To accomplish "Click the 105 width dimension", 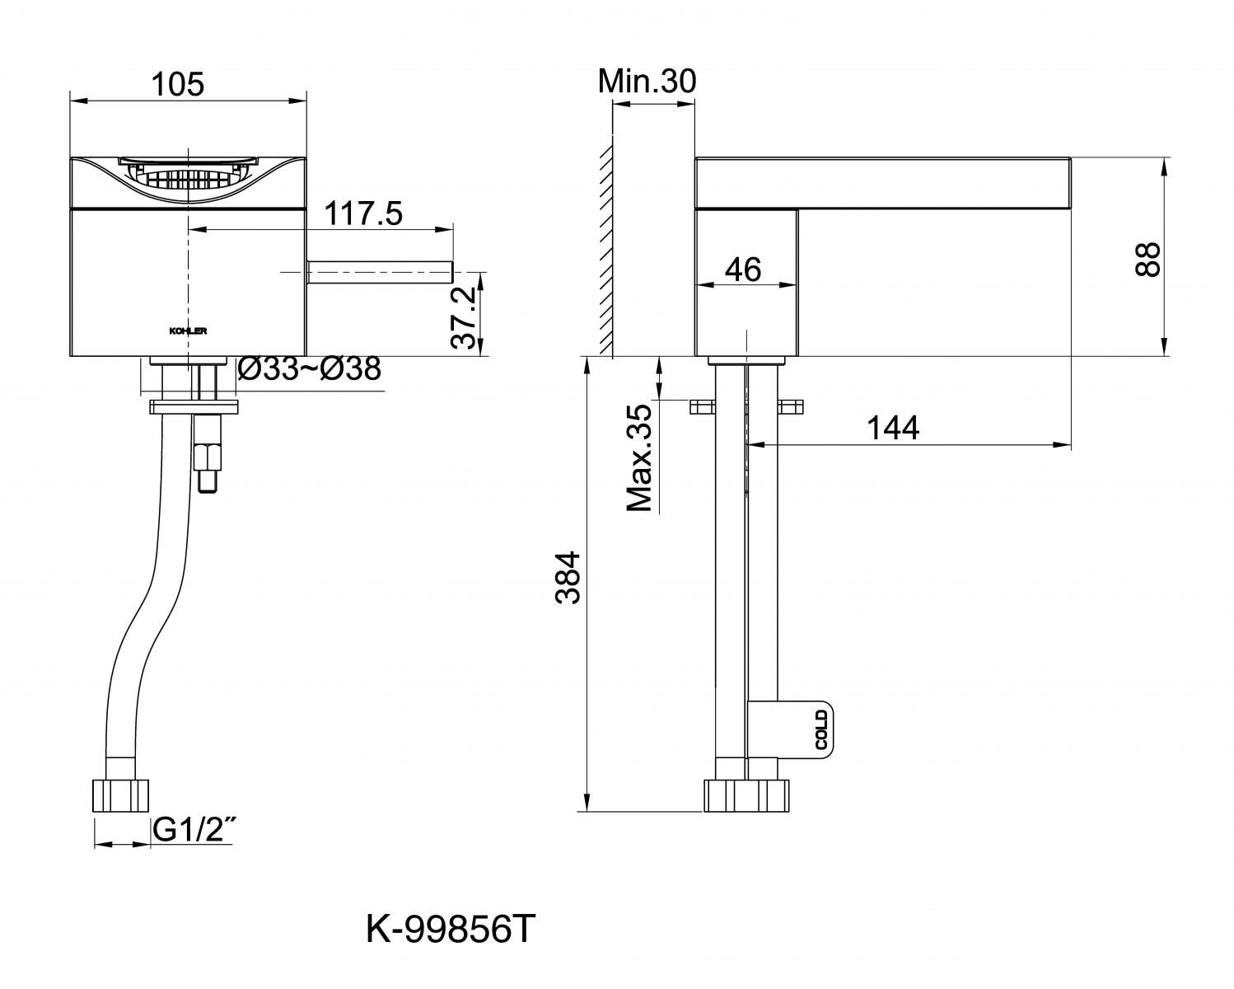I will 178,84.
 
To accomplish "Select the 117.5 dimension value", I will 362,214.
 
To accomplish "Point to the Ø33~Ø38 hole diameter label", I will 309,370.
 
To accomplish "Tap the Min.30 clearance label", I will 647,81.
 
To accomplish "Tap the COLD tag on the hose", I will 820,729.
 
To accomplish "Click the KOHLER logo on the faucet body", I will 188,331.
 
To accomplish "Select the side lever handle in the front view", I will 381,272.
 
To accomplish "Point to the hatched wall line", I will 605,251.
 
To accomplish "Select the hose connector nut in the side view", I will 746,796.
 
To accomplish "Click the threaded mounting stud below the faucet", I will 208,458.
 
